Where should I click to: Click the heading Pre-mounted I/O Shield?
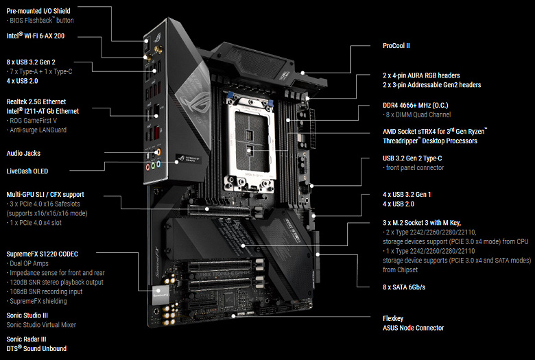pos(38,11)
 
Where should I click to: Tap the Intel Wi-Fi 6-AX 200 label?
pos(36,34)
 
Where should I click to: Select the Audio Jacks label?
pos(25,154)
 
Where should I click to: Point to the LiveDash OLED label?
pos(27,171)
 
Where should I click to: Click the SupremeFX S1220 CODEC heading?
pos(44,254)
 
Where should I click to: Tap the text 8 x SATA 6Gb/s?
pos(404,287)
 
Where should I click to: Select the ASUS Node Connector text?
pos(413,328)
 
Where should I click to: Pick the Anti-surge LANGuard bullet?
pos(42,130)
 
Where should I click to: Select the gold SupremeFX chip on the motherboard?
pos(161,297)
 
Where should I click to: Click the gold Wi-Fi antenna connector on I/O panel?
pos(156,49)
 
